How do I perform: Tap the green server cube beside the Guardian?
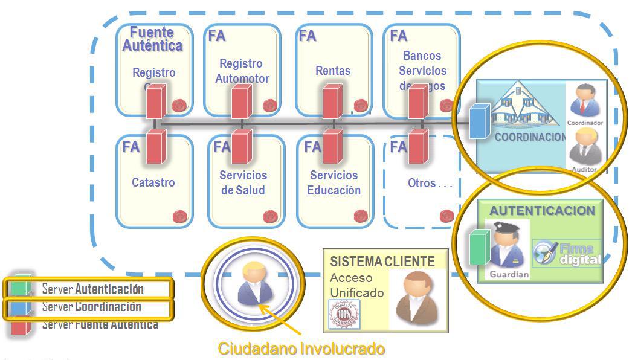480,246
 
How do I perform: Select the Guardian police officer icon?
509,248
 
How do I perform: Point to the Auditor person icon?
585,149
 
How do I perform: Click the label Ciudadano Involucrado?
301,349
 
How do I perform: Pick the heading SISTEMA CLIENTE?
382,262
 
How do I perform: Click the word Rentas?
333,71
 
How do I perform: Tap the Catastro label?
153,182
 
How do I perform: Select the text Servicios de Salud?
242,182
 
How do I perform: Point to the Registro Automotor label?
242,71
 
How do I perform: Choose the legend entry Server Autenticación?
92,289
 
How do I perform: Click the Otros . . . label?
430,183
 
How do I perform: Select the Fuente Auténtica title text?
152,39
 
